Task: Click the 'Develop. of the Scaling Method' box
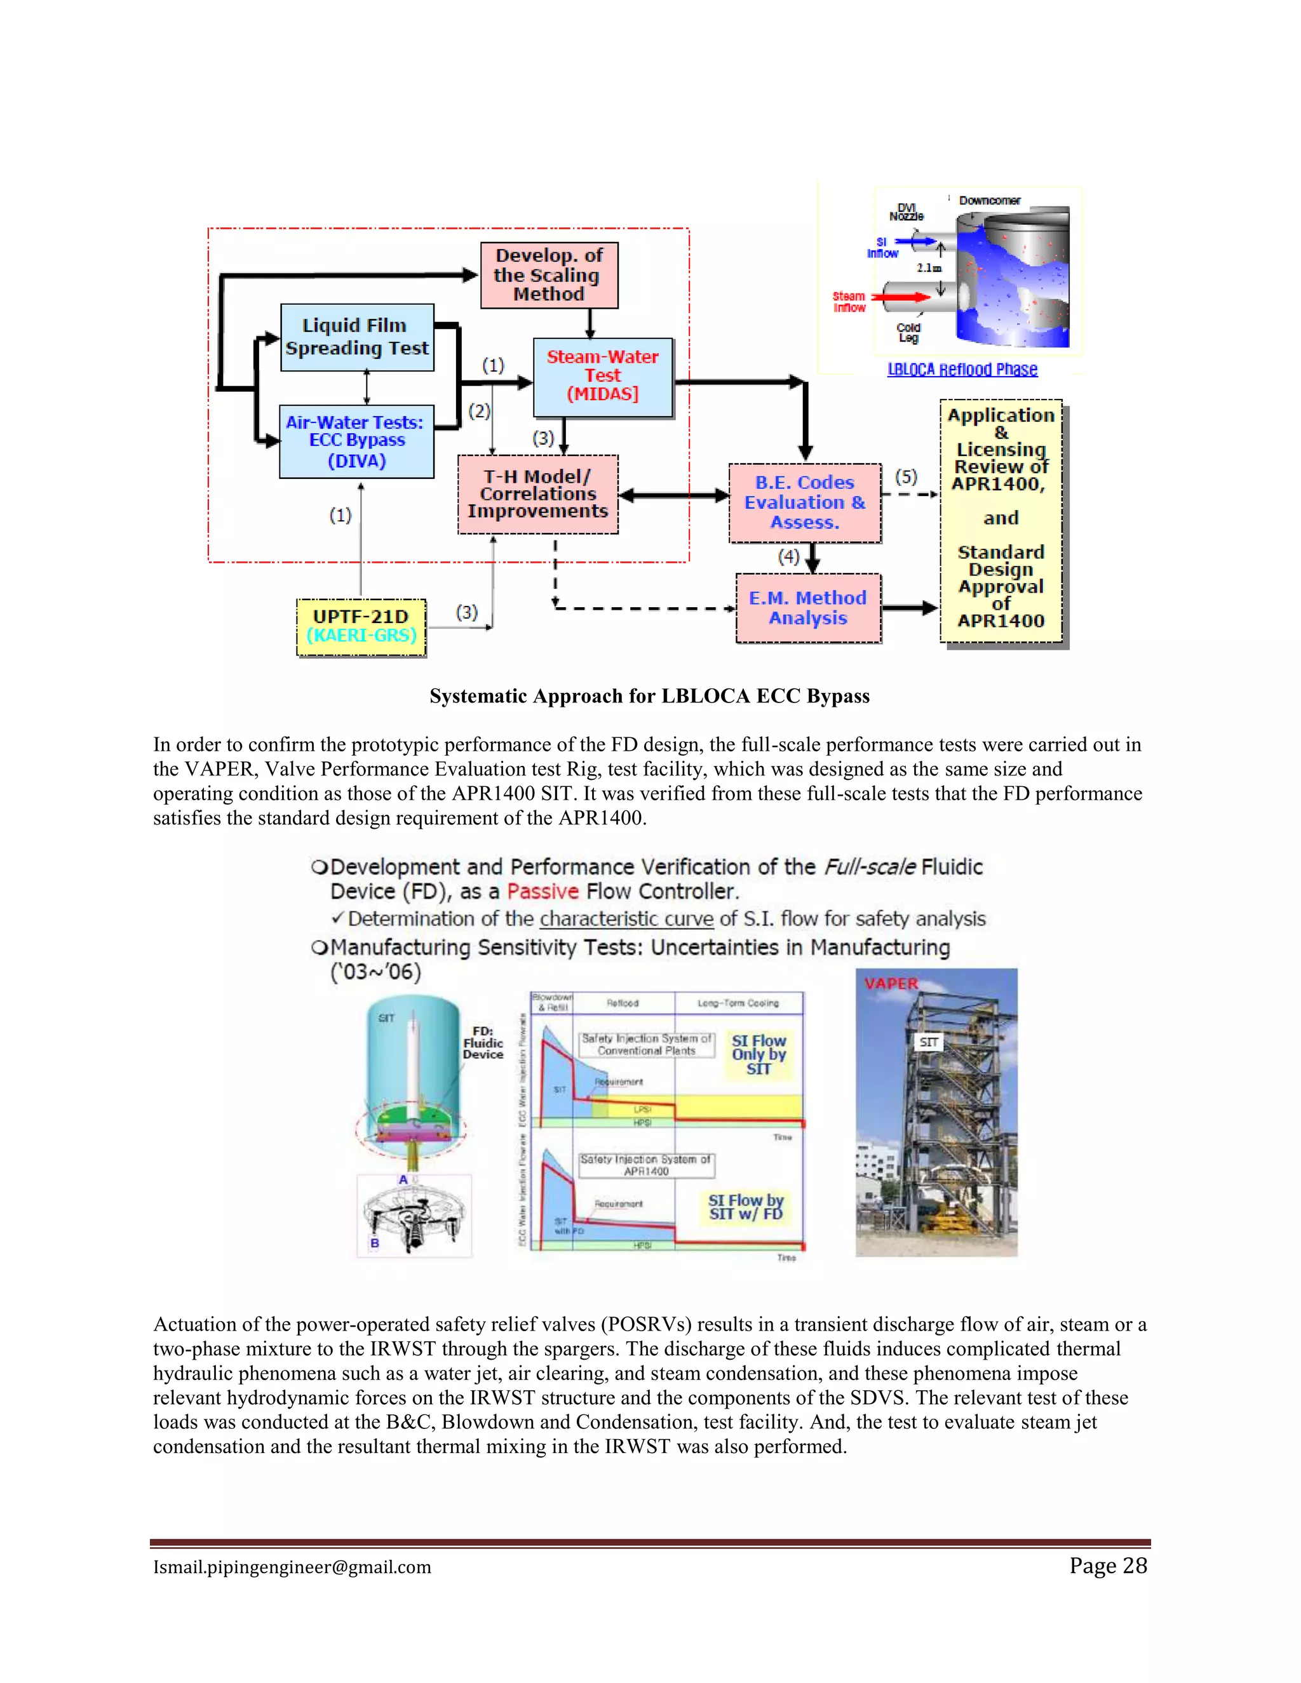pyautogui.click(x=549, y=275)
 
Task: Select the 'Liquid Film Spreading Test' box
pyautogui.click(x=357, y=337)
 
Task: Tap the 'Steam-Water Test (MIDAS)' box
pyautogui.click(x=603, y=377)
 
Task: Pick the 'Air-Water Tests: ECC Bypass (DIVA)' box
pyautogui.click(x=356, y=441)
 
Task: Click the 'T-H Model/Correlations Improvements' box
pyautogui.click(x=537, y=494)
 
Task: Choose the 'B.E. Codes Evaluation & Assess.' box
pyautogui.click(x=805, y=502)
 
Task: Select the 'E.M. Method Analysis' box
pyautogui.click(x=808, y=608)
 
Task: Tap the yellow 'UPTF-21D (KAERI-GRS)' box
pyautogui.click(x=361, y=626)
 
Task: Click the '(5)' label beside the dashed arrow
pyautogui.click(x=906, y=477)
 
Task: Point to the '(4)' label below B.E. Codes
pyautogui.click(x=788, y=556)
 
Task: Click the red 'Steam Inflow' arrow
pyautogui.click(x=902, y=297)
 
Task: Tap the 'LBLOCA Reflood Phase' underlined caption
pyautogui.click(x=962, y=370)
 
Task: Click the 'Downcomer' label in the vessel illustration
pyautogui.click(x=990, y=200)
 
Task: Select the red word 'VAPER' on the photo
pyautogui.click(x=891, y=984)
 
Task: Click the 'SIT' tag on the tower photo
pyautogui.click(x=929, y=1042)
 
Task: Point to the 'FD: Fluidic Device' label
pyautogui.click(x=483, y=1043)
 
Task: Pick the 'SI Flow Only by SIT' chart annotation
pyautogui.click(x=758, y=1054)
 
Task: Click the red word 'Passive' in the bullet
pyautogui.click(x=543, y=892)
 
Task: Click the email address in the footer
pyautogui.click(x=292, y=1567)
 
